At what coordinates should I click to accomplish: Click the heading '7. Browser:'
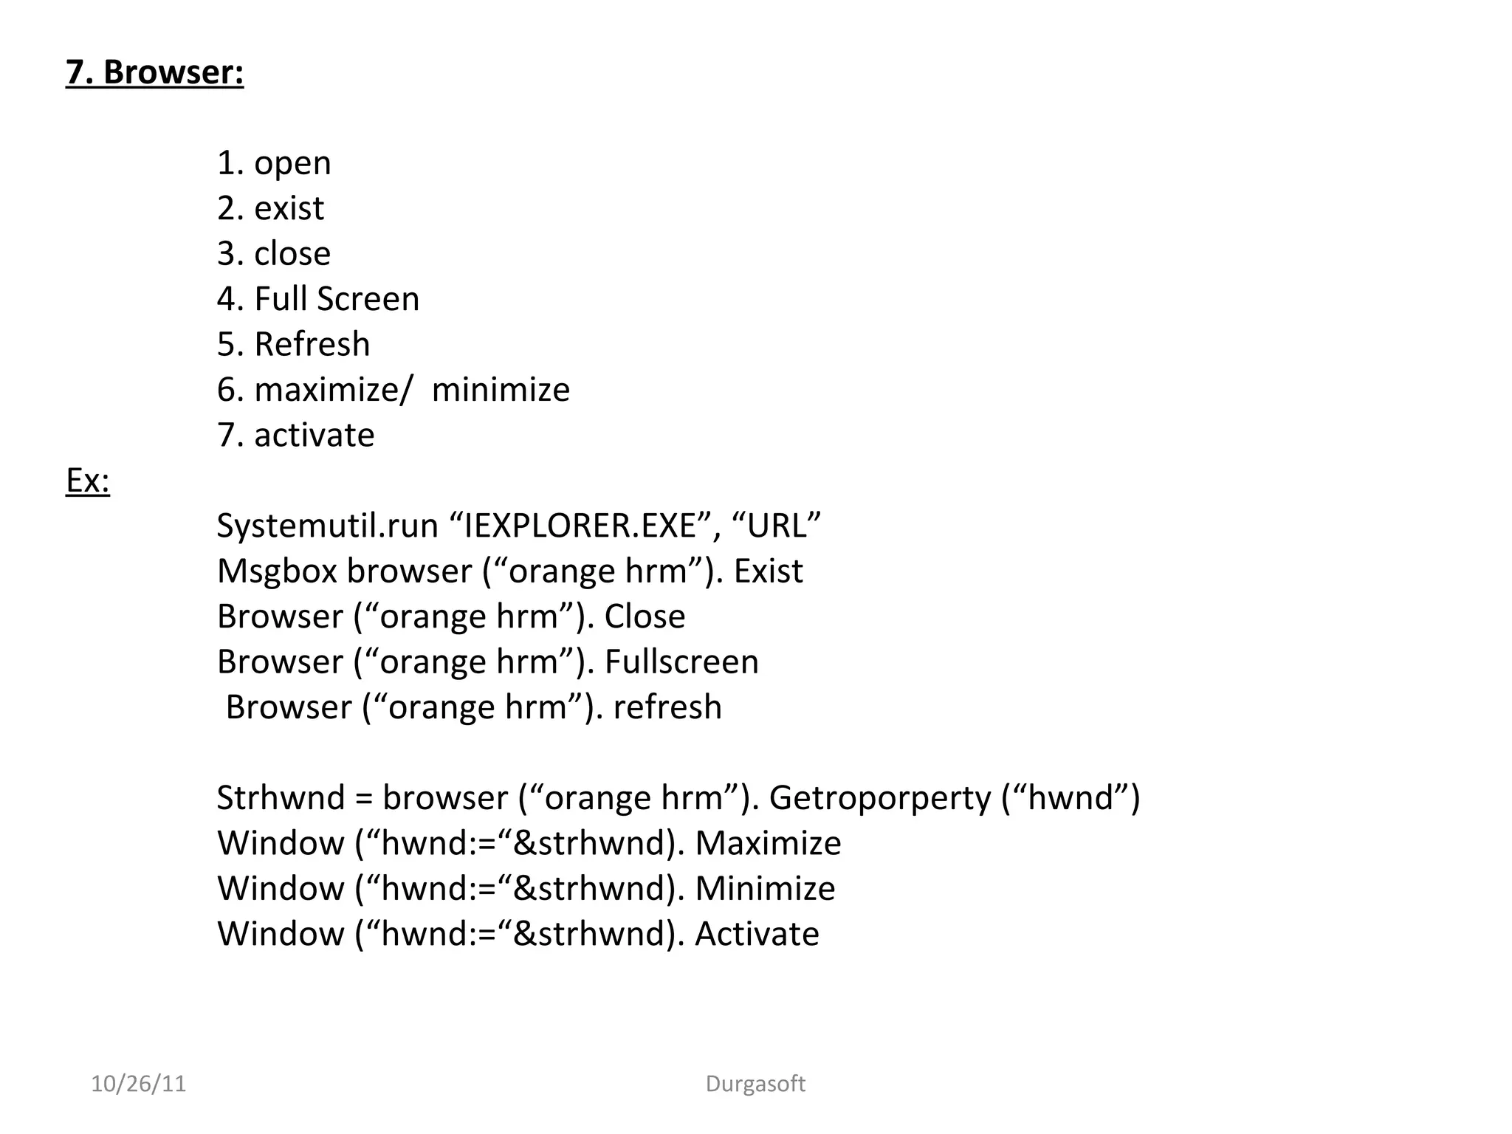tap(154, 72)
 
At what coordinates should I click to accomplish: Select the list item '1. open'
tap(274, 163)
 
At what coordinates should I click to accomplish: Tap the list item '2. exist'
tap(270, 208)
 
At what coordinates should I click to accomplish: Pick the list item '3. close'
tap(274, 254)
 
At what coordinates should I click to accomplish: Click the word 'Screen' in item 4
tap(368, 299)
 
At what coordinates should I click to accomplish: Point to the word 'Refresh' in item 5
tap(312, 345)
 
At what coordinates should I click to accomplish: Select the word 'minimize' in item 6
tap(501, 390)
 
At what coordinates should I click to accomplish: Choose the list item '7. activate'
tap(295, 436)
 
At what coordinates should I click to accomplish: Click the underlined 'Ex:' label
tap(88, 481)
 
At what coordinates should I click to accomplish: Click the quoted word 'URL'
tap(776, 526)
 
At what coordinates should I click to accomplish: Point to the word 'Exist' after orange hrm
tap(768, 571)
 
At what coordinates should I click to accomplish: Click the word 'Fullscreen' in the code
tap(681, 662)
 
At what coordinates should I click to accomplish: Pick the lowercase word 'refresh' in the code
tap(667, 707)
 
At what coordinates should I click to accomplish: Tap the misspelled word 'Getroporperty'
tap(881, 798)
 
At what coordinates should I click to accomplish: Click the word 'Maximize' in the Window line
tap(768, 844)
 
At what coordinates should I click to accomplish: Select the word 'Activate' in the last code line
tap(757, 934)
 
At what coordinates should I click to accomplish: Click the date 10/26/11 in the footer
tap(138, 1084)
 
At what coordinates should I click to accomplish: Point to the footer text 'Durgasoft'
tap(755, 1084)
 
